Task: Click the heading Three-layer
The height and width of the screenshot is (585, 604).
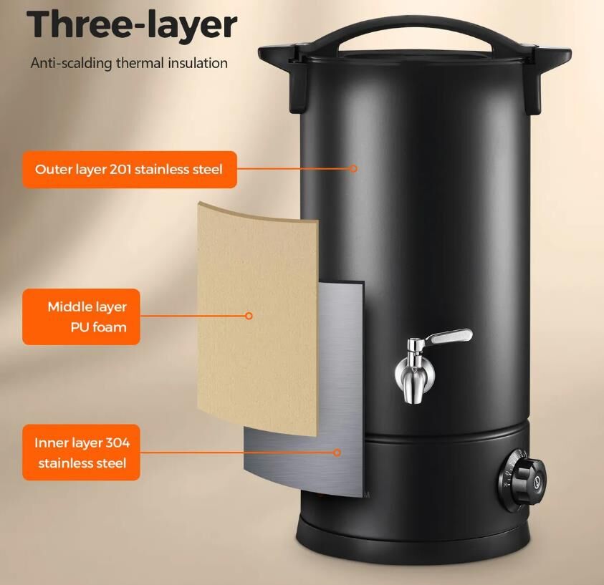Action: click(131, 24)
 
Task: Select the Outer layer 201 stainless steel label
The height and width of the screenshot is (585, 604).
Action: click(130, 169)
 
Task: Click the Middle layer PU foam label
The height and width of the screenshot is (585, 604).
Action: click(81, 316)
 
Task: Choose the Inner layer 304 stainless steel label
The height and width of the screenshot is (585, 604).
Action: click(81, 453)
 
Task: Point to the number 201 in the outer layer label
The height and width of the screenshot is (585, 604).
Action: click(120, 169)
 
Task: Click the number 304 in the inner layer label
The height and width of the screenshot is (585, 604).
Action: click(118, 443)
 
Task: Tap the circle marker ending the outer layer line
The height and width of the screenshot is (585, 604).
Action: click(354, 168)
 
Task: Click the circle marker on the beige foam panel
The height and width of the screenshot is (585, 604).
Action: click(249, 316)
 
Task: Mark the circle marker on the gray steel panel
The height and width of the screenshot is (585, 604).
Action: click(337, 453)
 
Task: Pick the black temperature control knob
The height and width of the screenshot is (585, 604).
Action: click(524, 479)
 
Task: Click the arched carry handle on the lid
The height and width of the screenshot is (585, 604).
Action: click(415, 26)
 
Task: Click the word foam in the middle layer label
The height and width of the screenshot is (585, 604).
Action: click(110, 327)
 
